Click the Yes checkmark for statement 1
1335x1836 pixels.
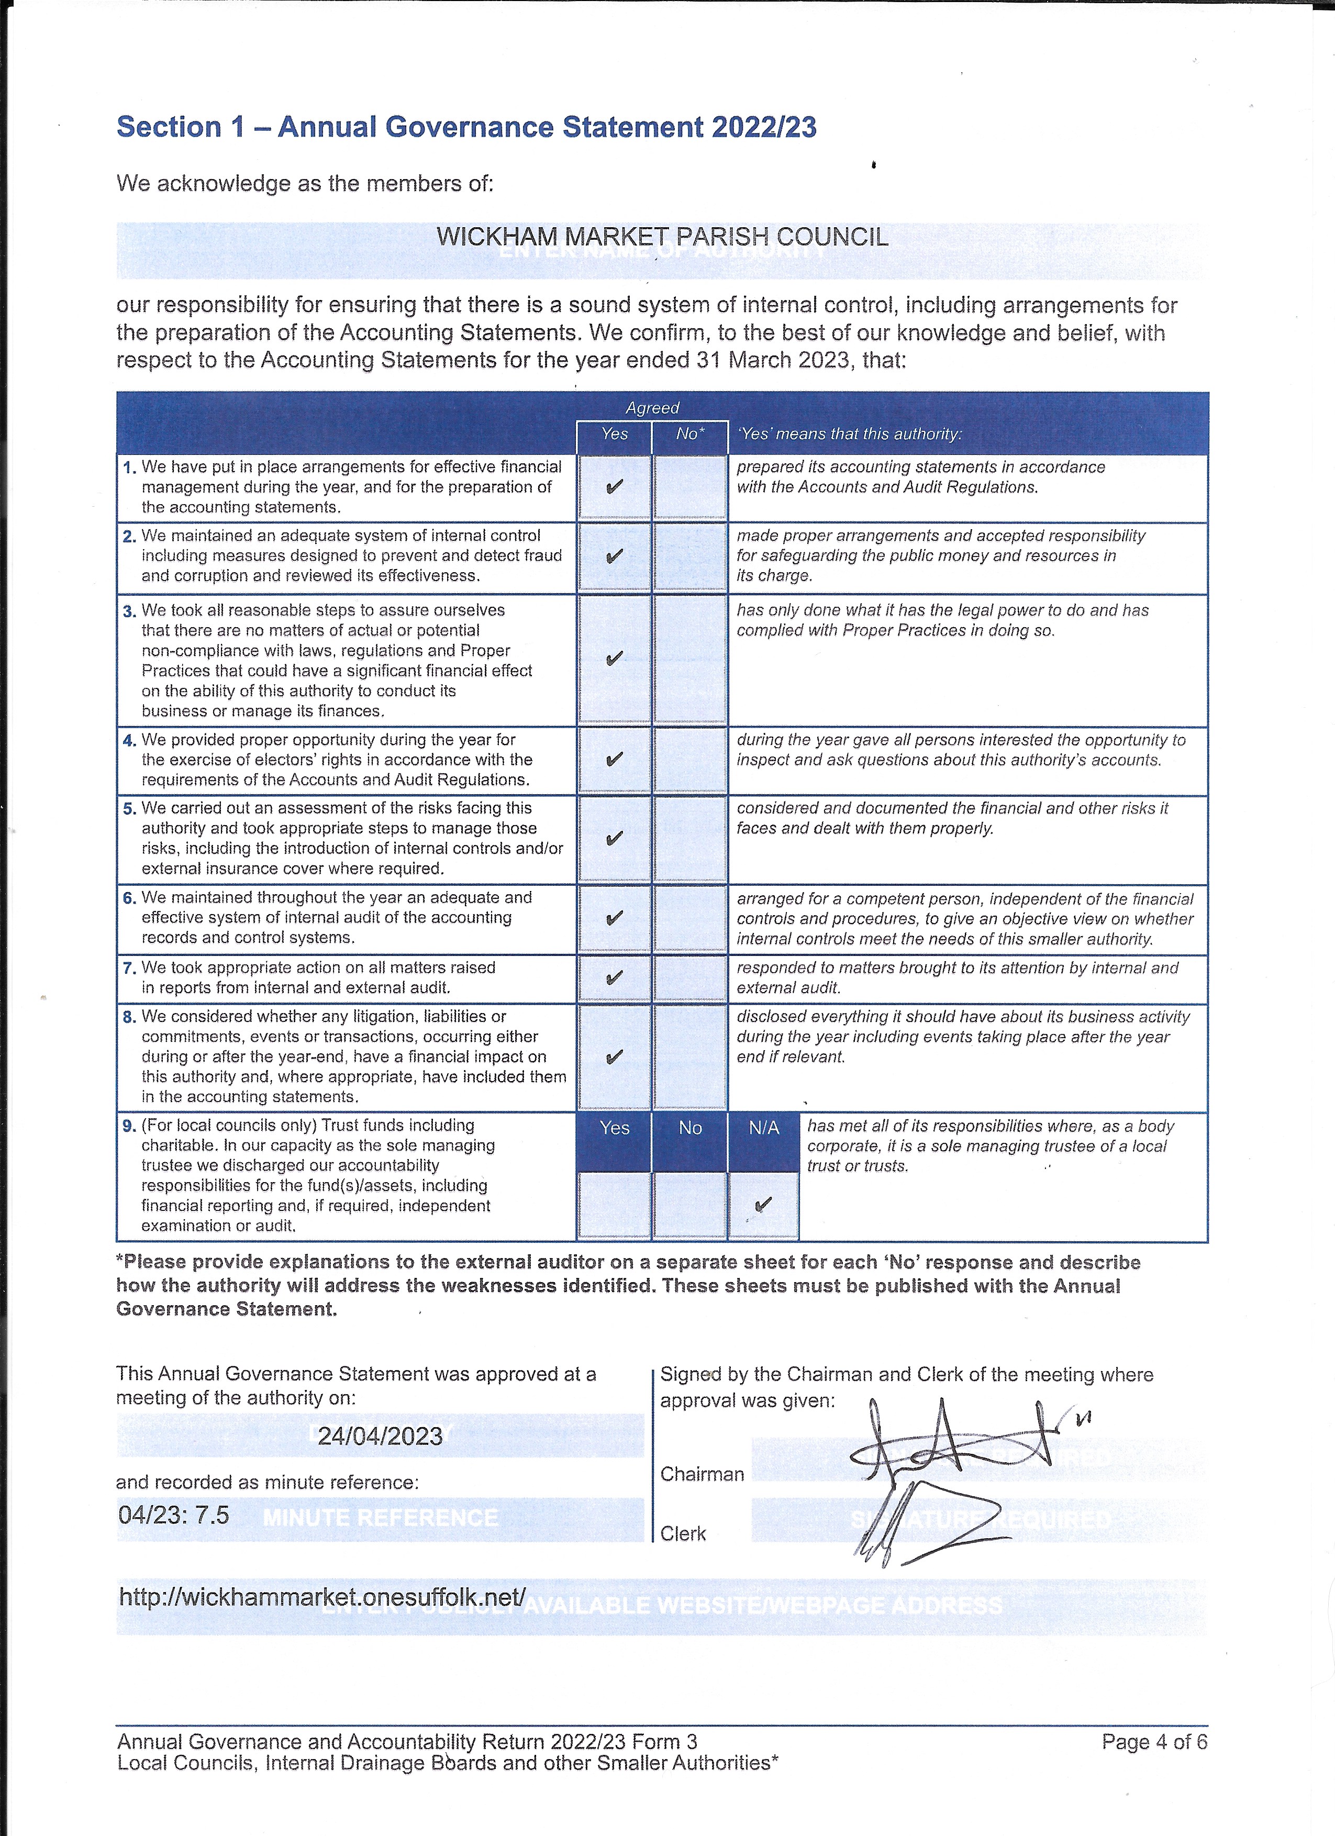tap(615, 486)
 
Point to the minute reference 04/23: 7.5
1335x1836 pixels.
tap(174, 1515)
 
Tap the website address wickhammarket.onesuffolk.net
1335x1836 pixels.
tap(322, 1596)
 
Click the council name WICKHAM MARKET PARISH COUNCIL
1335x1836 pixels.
tap(662, 237)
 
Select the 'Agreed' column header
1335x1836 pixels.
tap(652, 408)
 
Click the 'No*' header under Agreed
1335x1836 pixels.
tap(690, 434)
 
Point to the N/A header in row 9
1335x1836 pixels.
tap(763, 1128)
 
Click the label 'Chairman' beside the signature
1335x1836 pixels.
tap(702, 1474)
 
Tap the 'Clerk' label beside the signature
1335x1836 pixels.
tap(683, 1534)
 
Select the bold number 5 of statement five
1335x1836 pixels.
tap(129, 809)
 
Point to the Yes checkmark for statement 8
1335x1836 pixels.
tap(615, 1057)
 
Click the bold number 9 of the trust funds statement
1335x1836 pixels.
tap(129, 1126)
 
